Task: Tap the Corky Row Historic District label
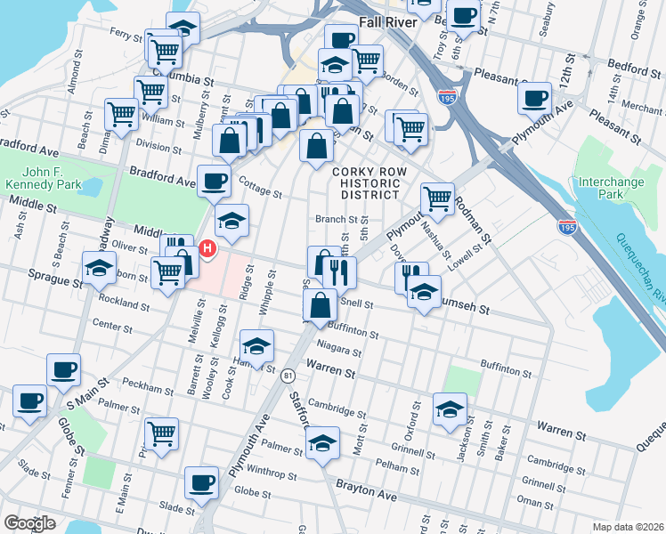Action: pos(365,182)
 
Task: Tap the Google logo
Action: pos(30,522)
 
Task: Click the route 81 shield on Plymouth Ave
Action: pos(288,376)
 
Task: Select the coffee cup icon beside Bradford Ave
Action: pos(214,181)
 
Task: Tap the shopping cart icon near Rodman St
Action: pos(437,198)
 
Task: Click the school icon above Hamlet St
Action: pos(256,345)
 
